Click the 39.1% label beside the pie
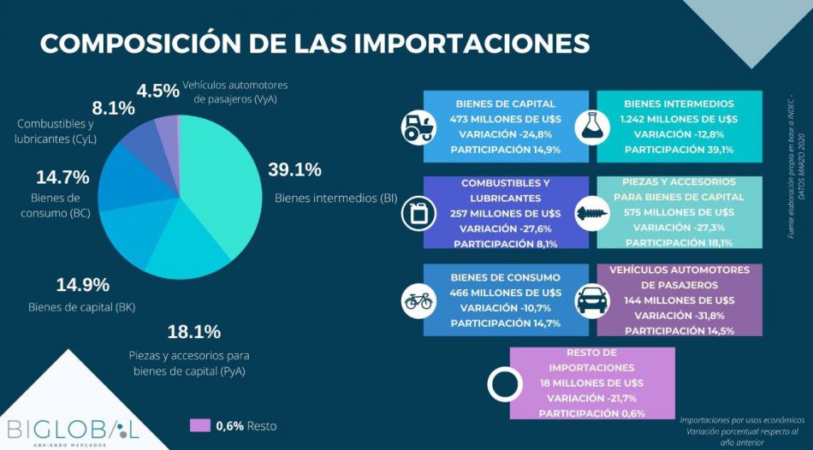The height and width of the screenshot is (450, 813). (294, 169)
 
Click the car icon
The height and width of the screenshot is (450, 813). (591, 300)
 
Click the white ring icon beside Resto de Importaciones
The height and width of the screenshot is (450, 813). (504, 383)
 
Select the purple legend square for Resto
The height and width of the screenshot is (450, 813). (199, 425)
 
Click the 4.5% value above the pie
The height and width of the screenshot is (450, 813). (158, 91)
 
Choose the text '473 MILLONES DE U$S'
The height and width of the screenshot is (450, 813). (506, 119)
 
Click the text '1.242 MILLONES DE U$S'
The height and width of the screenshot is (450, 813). (679, 119)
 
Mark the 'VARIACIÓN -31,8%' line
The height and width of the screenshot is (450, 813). (679, 315)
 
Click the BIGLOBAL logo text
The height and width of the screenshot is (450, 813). (72, 427)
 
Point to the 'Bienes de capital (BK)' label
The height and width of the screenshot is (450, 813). (82, 307)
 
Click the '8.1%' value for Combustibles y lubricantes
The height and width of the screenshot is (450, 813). (114, 109)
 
